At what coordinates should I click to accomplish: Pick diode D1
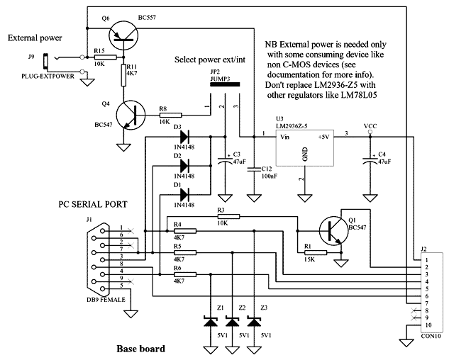click(x=184, y=193)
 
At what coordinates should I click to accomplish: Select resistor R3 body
click(x=228, y=216)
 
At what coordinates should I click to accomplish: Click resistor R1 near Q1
click(x=316, y=252)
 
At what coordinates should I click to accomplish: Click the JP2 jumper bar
click(x=223, y=84)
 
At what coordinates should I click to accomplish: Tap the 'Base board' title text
click(x=140, y=349)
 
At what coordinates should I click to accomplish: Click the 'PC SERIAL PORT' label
click(x=92, y=204)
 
